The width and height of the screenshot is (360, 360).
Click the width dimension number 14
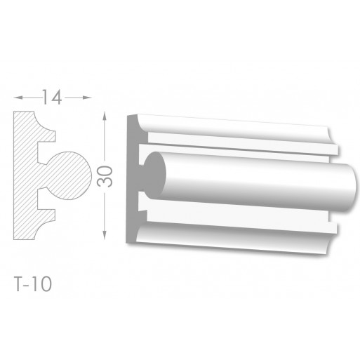tap(52, 97)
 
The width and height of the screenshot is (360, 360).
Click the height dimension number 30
tap(105, 176)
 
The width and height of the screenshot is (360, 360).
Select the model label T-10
tap(33, 284)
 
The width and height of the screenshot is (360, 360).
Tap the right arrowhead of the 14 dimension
tap(87, 98)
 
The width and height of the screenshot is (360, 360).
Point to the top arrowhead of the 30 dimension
tap(105, 116)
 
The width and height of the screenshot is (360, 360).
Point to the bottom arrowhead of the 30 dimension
tap(105, 235)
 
